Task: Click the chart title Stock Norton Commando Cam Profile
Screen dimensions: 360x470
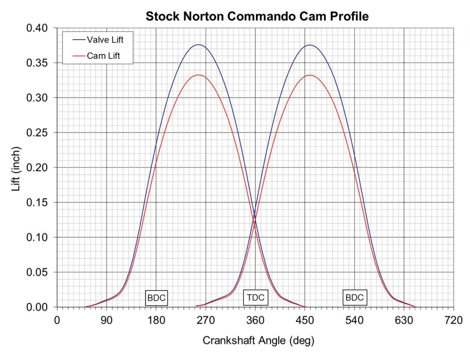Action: tap(257, 17)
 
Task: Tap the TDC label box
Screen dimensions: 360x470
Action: tap(255, 298)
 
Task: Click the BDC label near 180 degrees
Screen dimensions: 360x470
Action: tap(157, 298)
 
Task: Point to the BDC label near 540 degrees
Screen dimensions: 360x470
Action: tap(355, 298)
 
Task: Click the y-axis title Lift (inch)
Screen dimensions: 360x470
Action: tap(16, 168)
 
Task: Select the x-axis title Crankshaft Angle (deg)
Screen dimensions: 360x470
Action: tap(258, 340)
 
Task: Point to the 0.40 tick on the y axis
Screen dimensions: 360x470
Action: tap(37, 28)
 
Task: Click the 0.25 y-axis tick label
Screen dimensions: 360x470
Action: tap(37, 133)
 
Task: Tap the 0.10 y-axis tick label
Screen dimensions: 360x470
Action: tap(37, 238)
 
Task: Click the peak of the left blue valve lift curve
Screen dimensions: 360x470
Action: tap(199, 45)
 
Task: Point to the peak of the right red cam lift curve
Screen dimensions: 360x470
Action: tap(310, 75)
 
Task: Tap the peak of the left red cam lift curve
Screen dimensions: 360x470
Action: tap(199, 75)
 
